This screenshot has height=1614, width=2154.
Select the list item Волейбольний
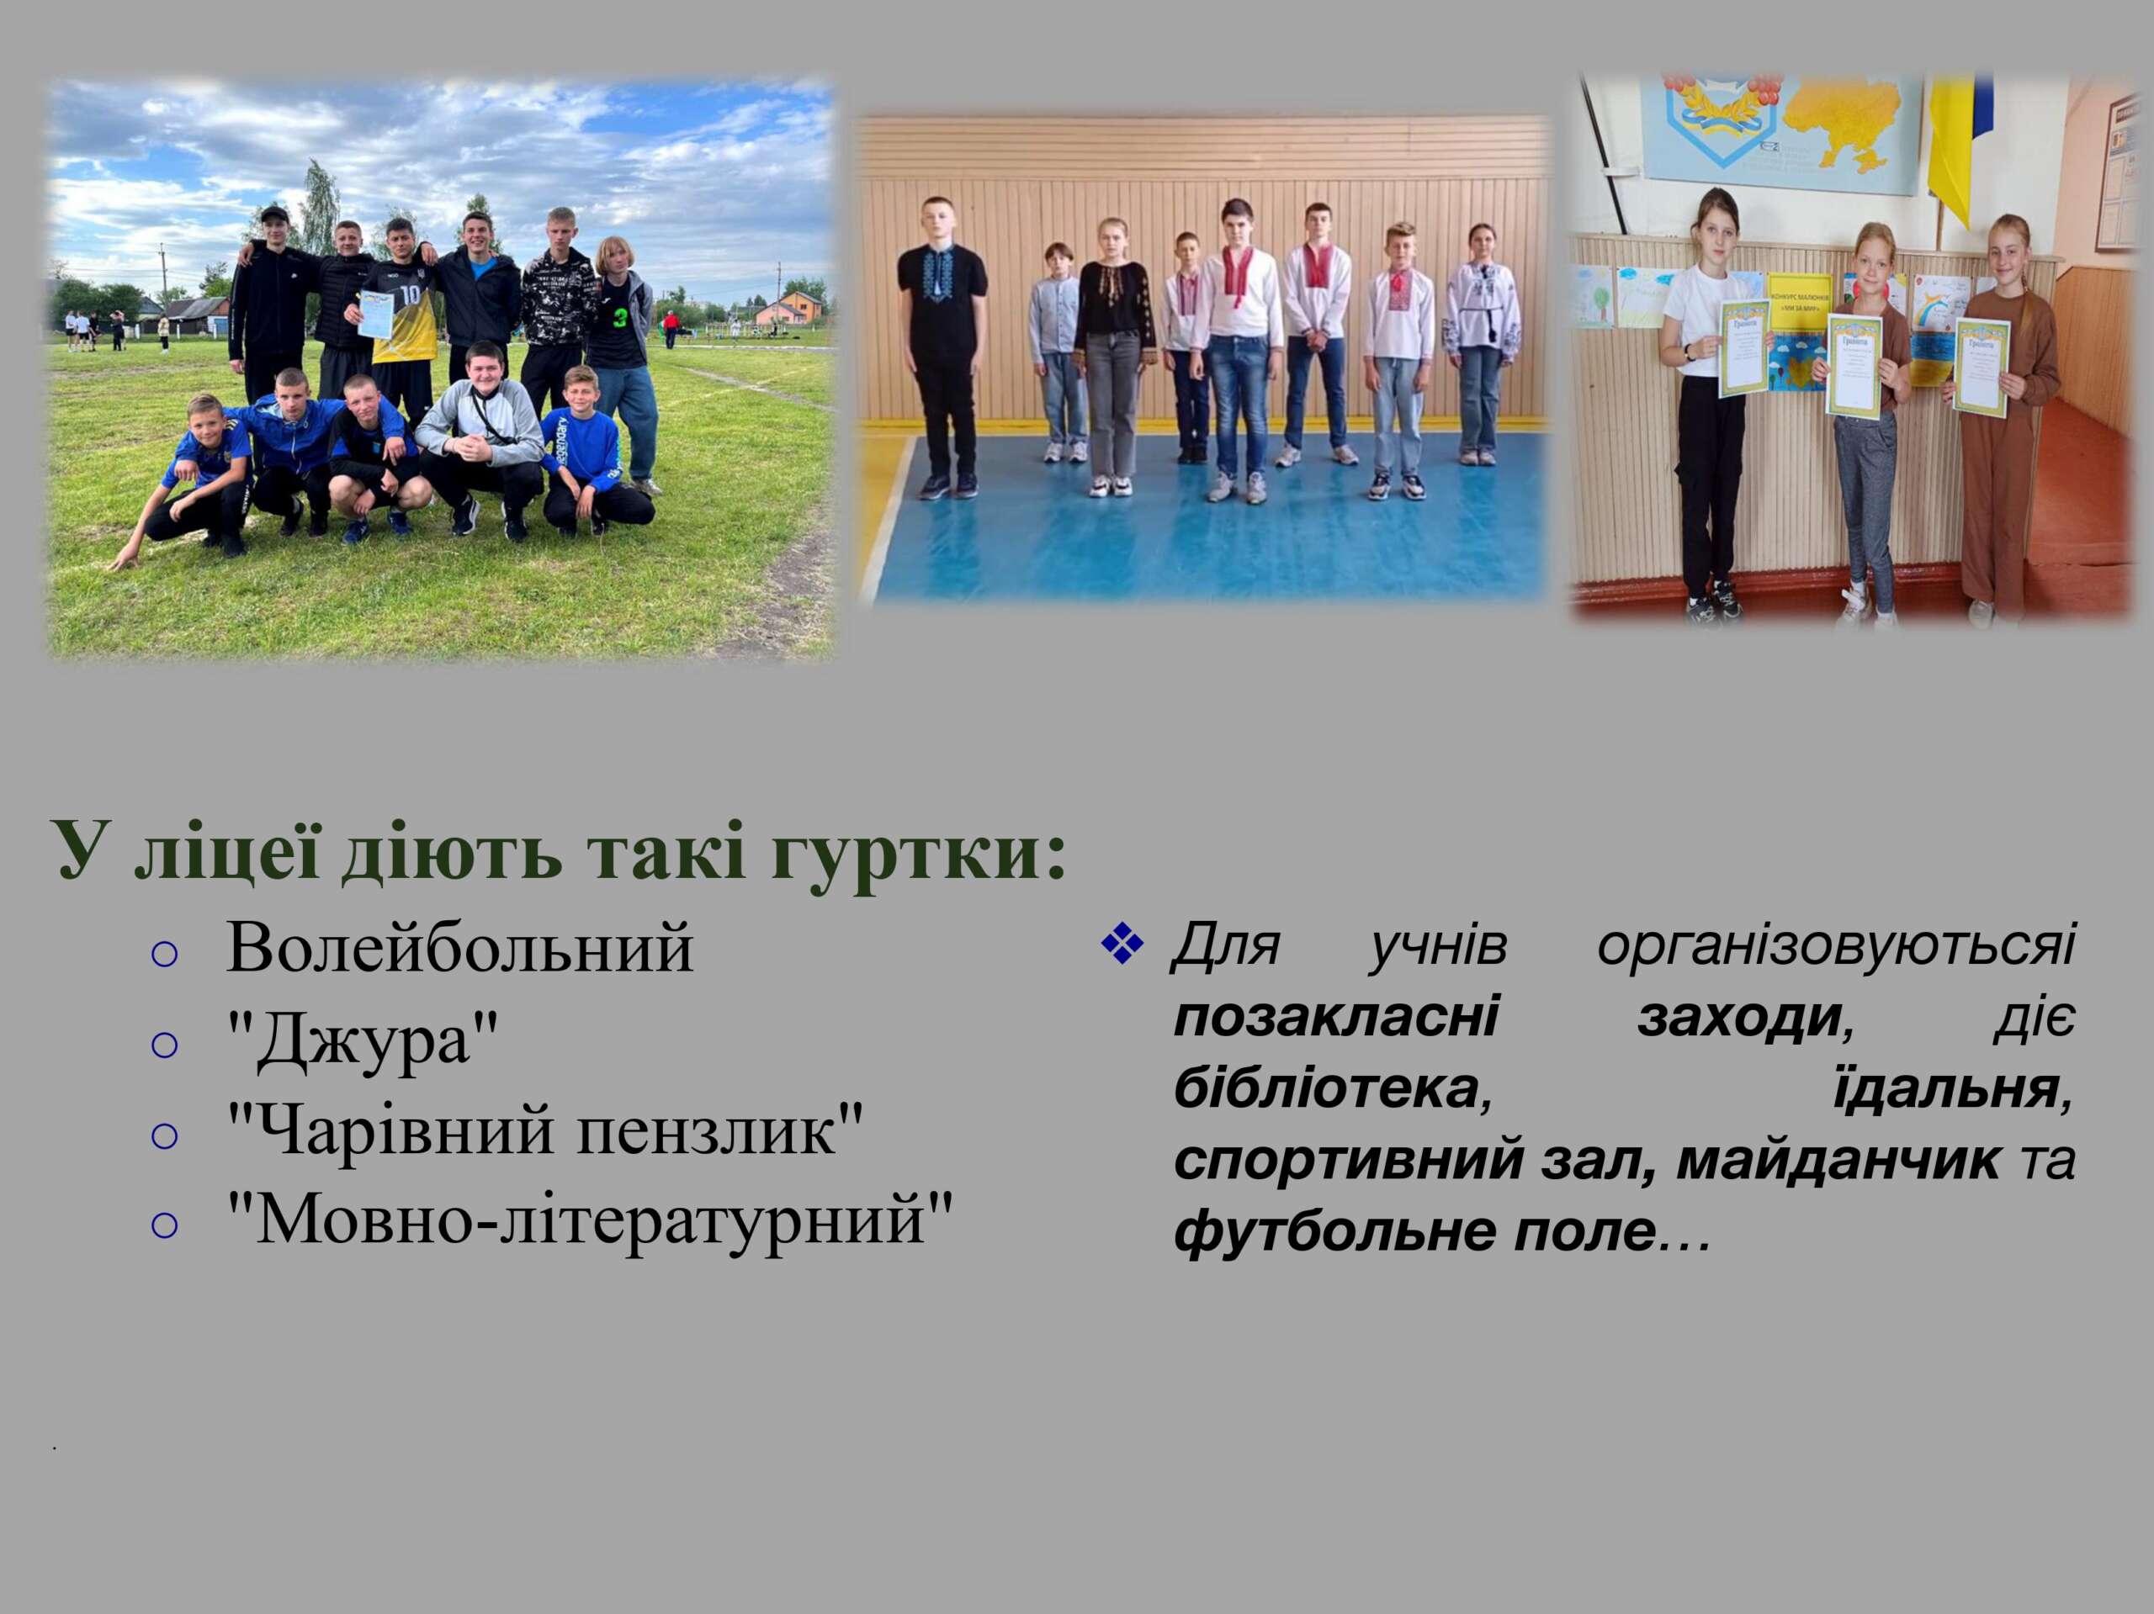click(459, 947)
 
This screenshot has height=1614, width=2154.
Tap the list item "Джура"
click(363, 1040)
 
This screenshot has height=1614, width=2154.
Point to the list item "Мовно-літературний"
click(589, 1219)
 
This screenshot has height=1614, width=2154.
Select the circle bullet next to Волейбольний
click(166, 954)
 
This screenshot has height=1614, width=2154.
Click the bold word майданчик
click(1840, 1159)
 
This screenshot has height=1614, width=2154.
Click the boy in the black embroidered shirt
click(942, 345)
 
